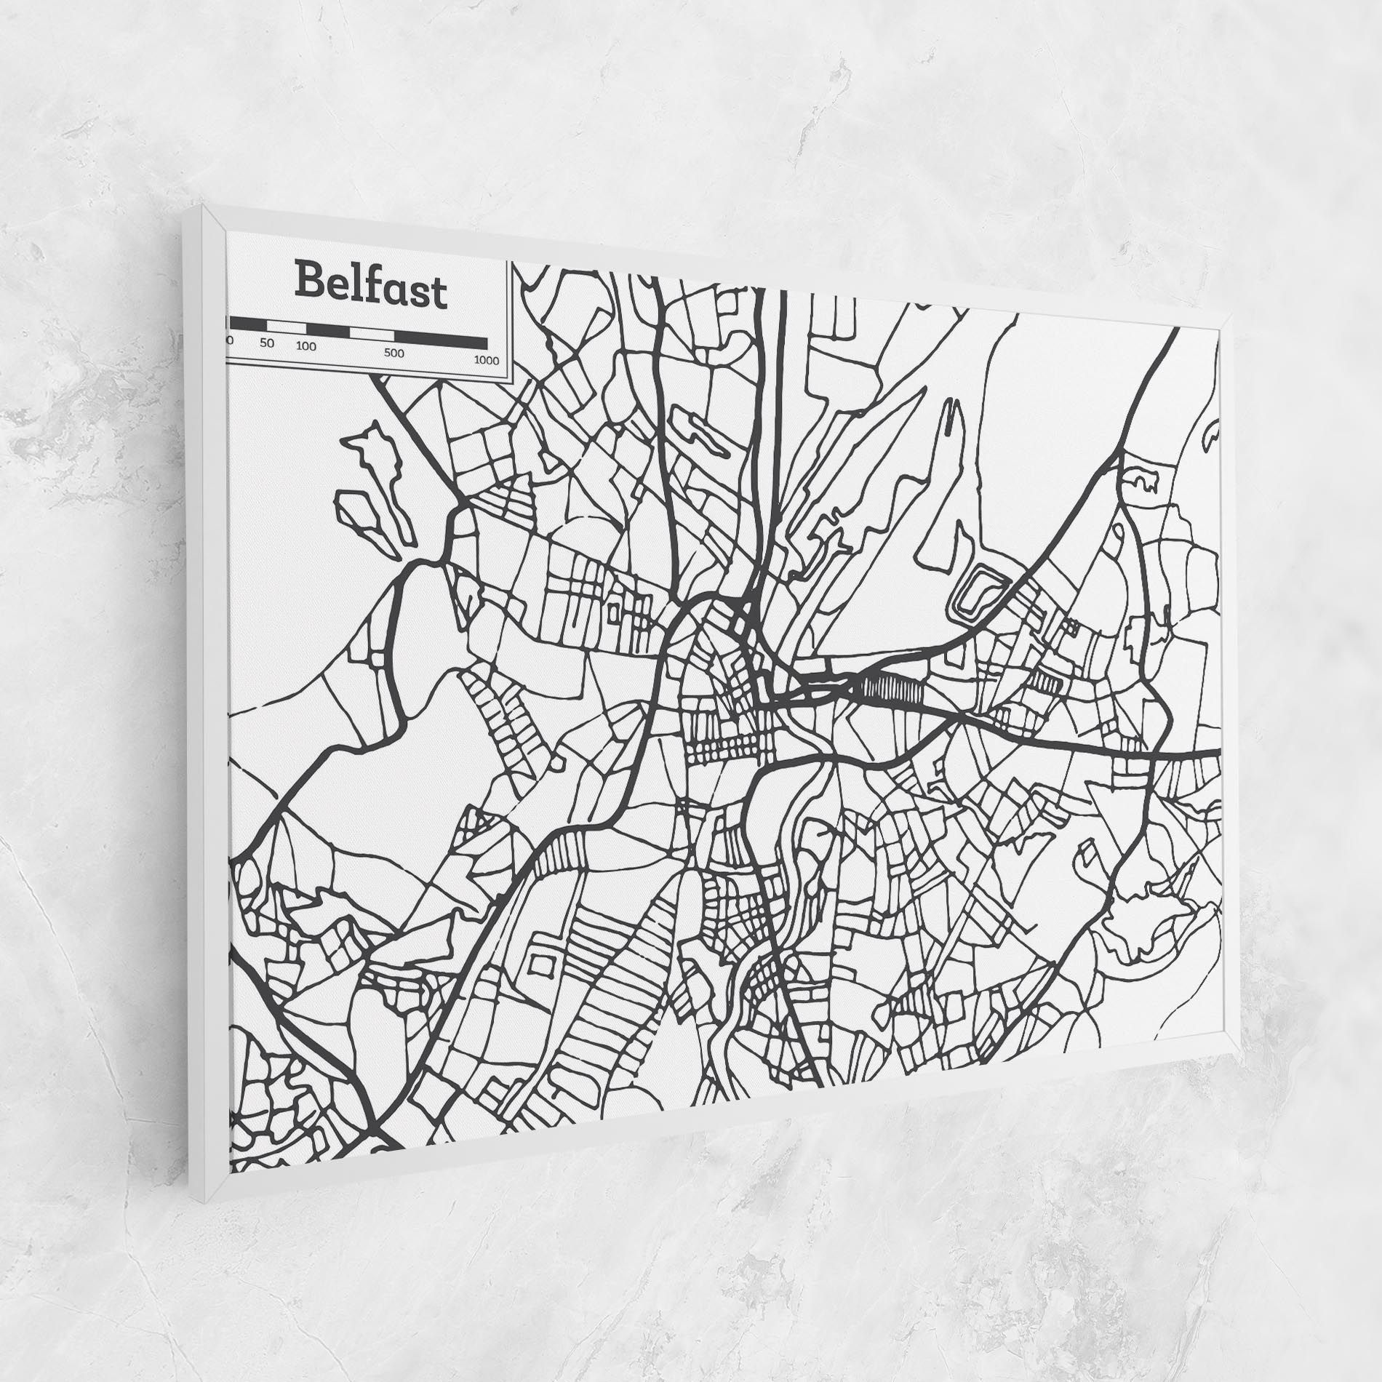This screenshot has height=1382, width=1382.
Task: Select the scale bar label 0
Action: point(230,339)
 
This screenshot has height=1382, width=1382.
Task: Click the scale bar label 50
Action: point(267,343)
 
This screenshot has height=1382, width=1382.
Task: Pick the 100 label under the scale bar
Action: point(306,346)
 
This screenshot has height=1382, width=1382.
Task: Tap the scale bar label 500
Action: point(394,354)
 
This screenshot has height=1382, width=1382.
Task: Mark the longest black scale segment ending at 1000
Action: point(441,340)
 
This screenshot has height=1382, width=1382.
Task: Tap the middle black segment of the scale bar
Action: point(328,330)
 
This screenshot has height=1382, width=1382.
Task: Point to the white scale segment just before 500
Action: point(372,334)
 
